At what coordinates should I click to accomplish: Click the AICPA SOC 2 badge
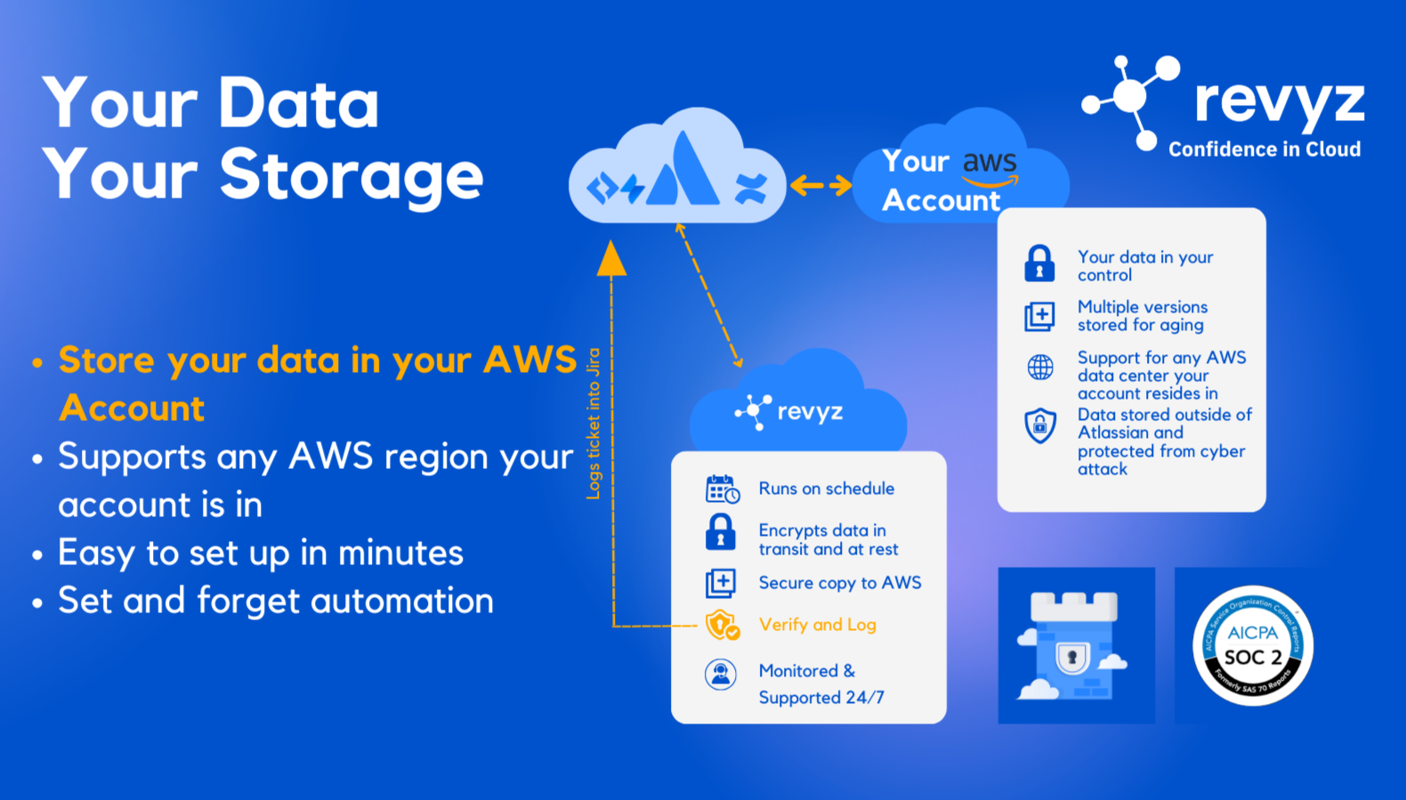[x=1252, y=646]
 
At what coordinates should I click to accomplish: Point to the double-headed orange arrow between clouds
[x=820, y=185]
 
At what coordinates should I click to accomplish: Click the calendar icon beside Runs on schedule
[x=722, y=489]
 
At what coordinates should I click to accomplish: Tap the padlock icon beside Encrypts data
[x=721, y=532]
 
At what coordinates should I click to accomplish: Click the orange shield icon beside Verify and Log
[x=722, y=625]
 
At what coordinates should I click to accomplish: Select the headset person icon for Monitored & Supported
[x=721, y=675]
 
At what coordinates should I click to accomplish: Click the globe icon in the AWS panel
[x=1040, y=367]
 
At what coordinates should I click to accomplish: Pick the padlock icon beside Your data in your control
[x=1039, y=264]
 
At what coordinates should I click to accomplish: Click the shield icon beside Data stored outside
[x=1040, y=425]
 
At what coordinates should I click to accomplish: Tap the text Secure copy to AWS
[x=839, y=583]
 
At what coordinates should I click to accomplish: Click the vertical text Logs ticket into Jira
[x=594, y=424]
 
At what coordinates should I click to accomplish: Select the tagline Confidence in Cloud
[x=1264, y=149]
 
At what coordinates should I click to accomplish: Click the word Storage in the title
[x=351, y=175]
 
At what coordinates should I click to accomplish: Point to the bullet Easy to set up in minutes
[x=260, y=553]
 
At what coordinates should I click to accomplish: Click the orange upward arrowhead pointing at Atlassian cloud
[x=611, y=259]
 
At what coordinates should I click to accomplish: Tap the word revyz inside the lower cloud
[x=809, y=412]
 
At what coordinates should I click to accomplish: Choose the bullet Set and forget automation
[x=275, y=601]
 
